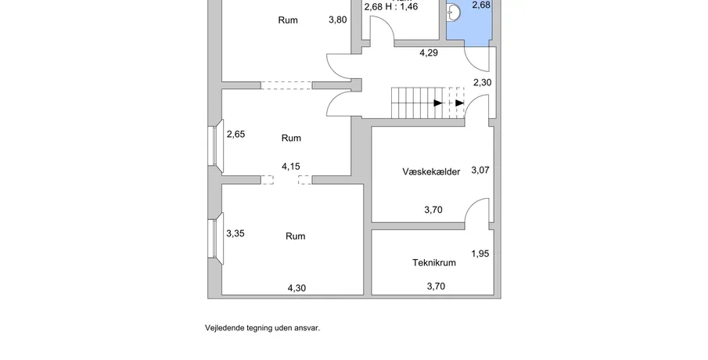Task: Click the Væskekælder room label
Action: tap(430, 171)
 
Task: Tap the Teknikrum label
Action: tap(433, 263)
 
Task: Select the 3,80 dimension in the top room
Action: tap(336, 20)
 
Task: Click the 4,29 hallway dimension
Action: tap(429, 53)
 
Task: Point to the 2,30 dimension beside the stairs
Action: tap(482, 82)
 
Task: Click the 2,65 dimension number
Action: tap(235, 134)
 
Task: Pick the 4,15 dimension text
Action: tap(291, 166)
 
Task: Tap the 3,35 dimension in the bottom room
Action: tap(235, 233)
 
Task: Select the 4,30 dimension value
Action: tap(296, 288)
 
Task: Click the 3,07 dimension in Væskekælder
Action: tap(480, 170)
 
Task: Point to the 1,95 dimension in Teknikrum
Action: tap(480, 254)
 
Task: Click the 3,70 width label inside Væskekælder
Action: tap(433, 210)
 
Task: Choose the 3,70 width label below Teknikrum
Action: tap(436, 286)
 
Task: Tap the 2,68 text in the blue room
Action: tap(481, 5)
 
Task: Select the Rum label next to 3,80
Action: tap(288, 20)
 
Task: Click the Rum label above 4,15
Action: tap(291, 138)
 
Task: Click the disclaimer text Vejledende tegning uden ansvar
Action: tap(262, 328)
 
